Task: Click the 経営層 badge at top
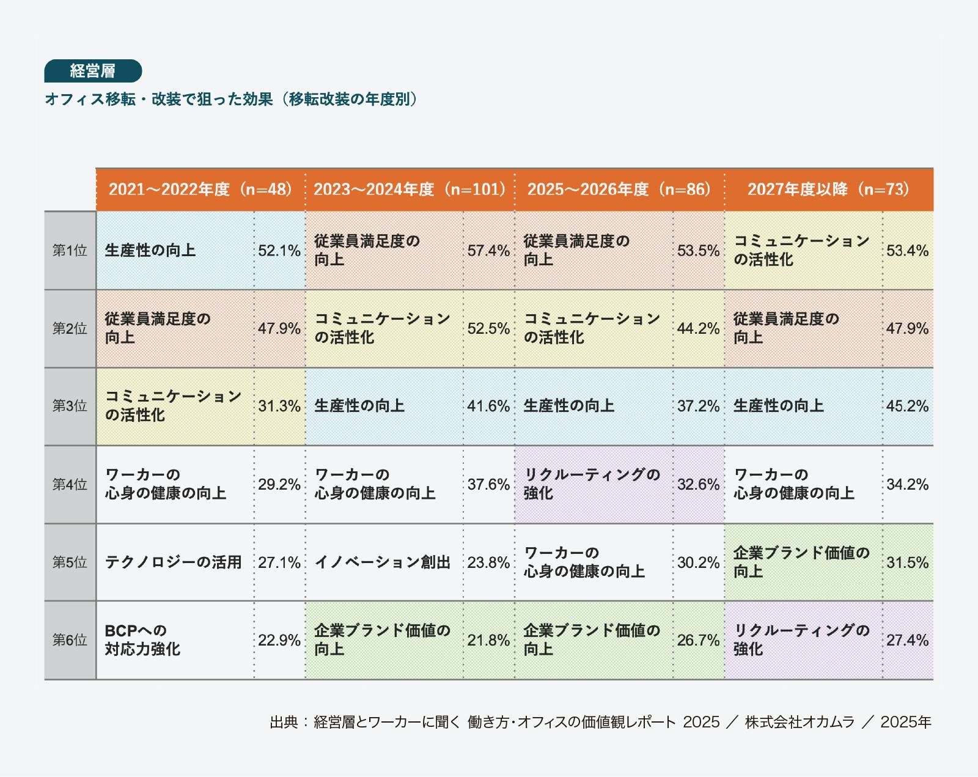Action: coord(93,71)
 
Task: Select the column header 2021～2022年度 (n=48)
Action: coord(200,189)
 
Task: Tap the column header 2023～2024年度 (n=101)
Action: coord(410,189)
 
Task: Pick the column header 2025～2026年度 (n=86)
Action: coord(619,189)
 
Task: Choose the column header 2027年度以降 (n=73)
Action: coord(828,189)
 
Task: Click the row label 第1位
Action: coord(70,251)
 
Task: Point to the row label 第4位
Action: coord(70,485)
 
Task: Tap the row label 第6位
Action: coord(70,640)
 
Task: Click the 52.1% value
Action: coord(279,251)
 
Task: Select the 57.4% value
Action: coord(488,251)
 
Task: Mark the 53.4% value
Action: coord(908,251)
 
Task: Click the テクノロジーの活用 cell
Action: coord(174,562)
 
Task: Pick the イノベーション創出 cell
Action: coord(383,562)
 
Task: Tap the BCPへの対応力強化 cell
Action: coord(142,640)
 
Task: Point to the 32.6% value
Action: coord(698,485)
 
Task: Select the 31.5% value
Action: coord(908,562)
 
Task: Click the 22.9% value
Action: coord(279,640)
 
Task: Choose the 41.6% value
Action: coord(488,406)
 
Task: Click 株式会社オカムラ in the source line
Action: coord(800,722)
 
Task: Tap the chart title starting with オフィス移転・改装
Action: coord(231,99)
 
